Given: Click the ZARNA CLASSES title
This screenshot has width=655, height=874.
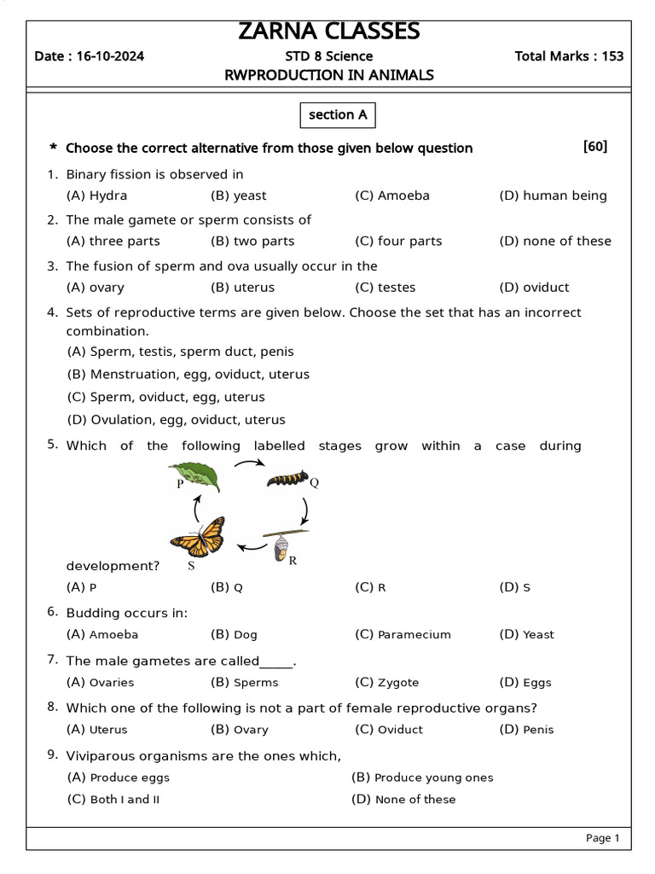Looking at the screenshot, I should click(328, 32).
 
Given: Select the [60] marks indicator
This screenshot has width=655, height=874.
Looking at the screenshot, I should click(595, 147).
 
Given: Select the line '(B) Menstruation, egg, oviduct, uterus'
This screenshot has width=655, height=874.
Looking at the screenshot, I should click(188, 374).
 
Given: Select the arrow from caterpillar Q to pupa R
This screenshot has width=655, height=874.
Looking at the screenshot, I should click(305, 510).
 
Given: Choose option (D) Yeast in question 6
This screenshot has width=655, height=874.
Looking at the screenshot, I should click(526, 634).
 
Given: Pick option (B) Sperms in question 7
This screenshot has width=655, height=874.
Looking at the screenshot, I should click(244, 682).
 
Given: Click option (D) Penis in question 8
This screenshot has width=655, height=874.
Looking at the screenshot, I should click(526, 729).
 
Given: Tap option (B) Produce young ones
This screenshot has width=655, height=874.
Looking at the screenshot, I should click(422, 777).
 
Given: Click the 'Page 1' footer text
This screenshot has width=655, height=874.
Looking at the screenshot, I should click(602, 838).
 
